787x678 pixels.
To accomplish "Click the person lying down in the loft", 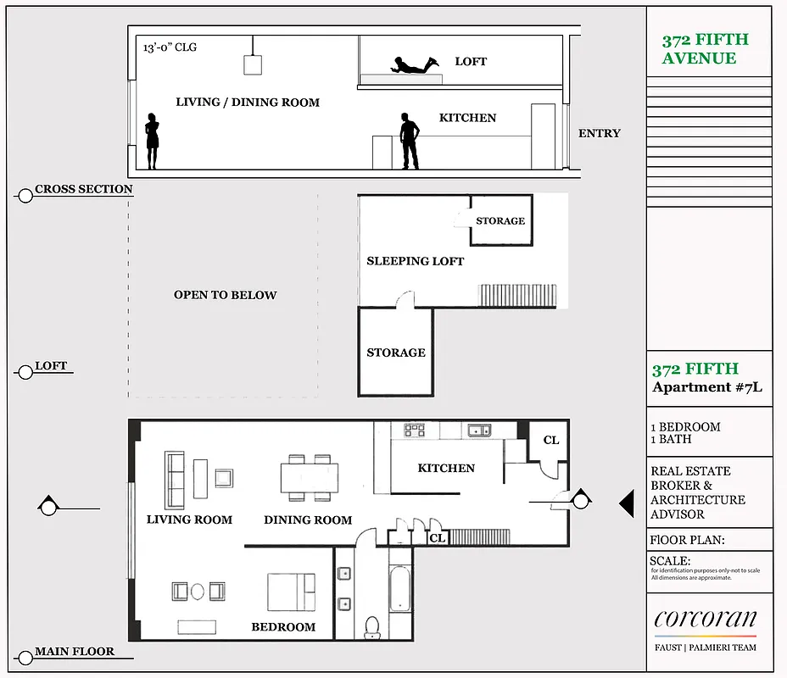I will pos(414,64).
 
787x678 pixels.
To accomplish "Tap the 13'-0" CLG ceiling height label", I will pos(170,47).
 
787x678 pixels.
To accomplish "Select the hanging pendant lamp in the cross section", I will pos(252,64).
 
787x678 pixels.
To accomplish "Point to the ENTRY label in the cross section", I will pos(599,133).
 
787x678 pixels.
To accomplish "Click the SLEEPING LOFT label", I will pos(415,261).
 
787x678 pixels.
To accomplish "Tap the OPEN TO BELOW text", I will pos(225,295).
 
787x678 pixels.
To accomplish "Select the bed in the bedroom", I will pos(292,592).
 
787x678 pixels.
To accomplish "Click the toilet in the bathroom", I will pos(371,625).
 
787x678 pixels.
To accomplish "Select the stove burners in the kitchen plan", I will pos(414,431).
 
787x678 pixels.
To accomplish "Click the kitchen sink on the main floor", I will pos(479,431).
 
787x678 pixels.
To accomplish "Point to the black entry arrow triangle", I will pos(627,504).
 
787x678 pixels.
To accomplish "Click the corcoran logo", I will pos(705,619).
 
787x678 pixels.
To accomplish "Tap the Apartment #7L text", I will pos(706,387).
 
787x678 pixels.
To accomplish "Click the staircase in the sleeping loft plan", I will pos(518,296).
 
